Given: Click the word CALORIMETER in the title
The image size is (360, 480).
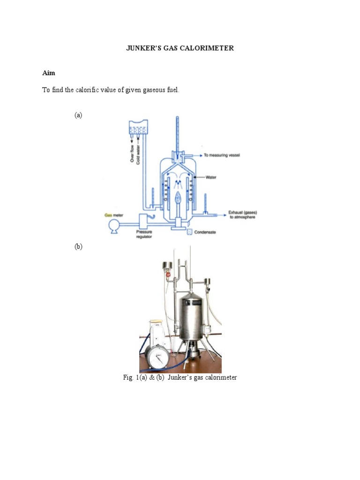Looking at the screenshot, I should pos(209,48).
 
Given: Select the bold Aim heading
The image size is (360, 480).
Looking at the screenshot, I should pos(48,73).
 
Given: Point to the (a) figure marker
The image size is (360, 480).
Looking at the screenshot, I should pos(78,115).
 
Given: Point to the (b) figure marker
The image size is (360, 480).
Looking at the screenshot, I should pos(78,247).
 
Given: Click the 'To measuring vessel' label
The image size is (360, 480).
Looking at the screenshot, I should pos(222,155).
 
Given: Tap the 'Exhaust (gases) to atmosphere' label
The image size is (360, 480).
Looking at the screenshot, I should pos(242,215).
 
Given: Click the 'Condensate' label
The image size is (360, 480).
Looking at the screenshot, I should pos(205,232).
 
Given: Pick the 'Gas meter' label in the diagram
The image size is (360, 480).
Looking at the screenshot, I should pos(114,215).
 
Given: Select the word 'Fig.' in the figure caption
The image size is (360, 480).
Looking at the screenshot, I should pos(128,377).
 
